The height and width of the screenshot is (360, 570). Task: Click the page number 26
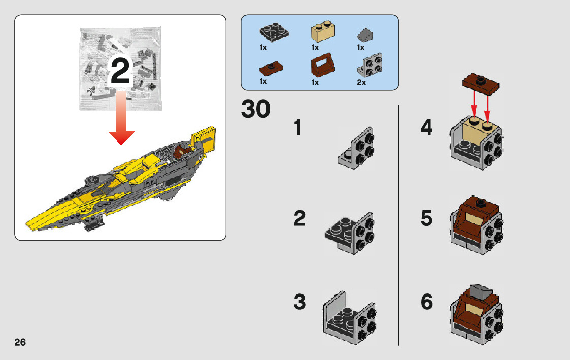pos(20,342)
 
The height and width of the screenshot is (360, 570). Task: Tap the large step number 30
pos(255,109)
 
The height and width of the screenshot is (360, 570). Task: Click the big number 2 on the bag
pos(120,71)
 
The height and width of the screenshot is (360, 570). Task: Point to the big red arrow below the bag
pos(121,118)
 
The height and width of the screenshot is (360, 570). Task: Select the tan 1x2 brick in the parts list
pos(323,30)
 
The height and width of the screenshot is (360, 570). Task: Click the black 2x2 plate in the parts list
pos(274,32)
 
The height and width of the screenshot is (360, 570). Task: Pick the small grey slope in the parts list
pos(364,35)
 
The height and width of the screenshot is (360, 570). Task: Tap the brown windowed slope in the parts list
pos(322,64)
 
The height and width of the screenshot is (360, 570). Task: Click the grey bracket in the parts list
pos(370,65)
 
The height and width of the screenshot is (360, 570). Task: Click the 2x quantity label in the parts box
pos(361,83)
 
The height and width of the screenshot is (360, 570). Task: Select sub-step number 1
pos(298,127)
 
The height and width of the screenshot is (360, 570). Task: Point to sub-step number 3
pos(299,302)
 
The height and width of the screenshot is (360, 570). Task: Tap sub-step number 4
pos(426,127)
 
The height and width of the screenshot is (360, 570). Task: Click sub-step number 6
pos(427,302)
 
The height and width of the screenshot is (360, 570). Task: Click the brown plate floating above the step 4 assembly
pos(481,84)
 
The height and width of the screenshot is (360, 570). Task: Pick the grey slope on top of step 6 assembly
pos(481,292)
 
